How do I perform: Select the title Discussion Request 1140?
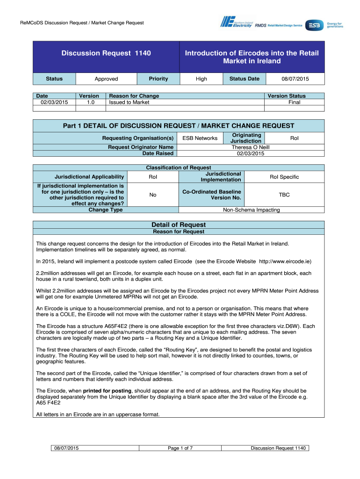tap(106, 53)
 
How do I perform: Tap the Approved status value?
tap(106, 79)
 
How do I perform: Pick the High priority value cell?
tap(202, 79)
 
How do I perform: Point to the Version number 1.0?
tap(89, 102)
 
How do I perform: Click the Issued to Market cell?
tap(129, 102)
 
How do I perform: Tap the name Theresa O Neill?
tap(251, 147)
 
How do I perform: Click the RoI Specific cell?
tap(284, 177)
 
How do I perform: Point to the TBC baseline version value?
tap(284, 194)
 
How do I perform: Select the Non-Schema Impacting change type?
tap(251, 210)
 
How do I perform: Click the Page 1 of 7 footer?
tap(180, 449)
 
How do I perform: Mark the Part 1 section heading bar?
tap(179, 125)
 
